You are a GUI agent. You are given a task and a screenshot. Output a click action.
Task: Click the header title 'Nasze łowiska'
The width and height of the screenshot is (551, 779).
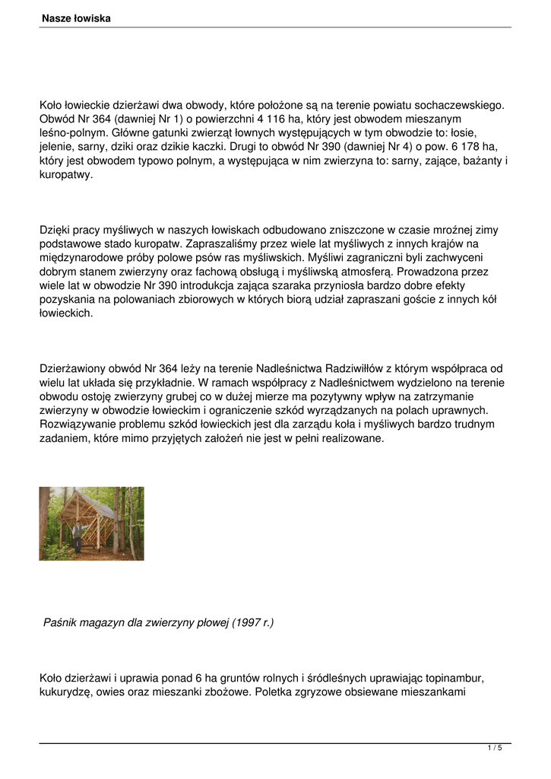click(x=76, y=17)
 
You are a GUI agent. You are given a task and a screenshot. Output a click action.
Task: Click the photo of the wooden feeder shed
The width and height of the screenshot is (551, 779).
click(x=91, y=523)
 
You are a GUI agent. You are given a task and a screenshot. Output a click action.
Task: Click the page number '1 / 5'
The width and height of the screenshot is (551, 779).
click(x=495, y=749)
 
